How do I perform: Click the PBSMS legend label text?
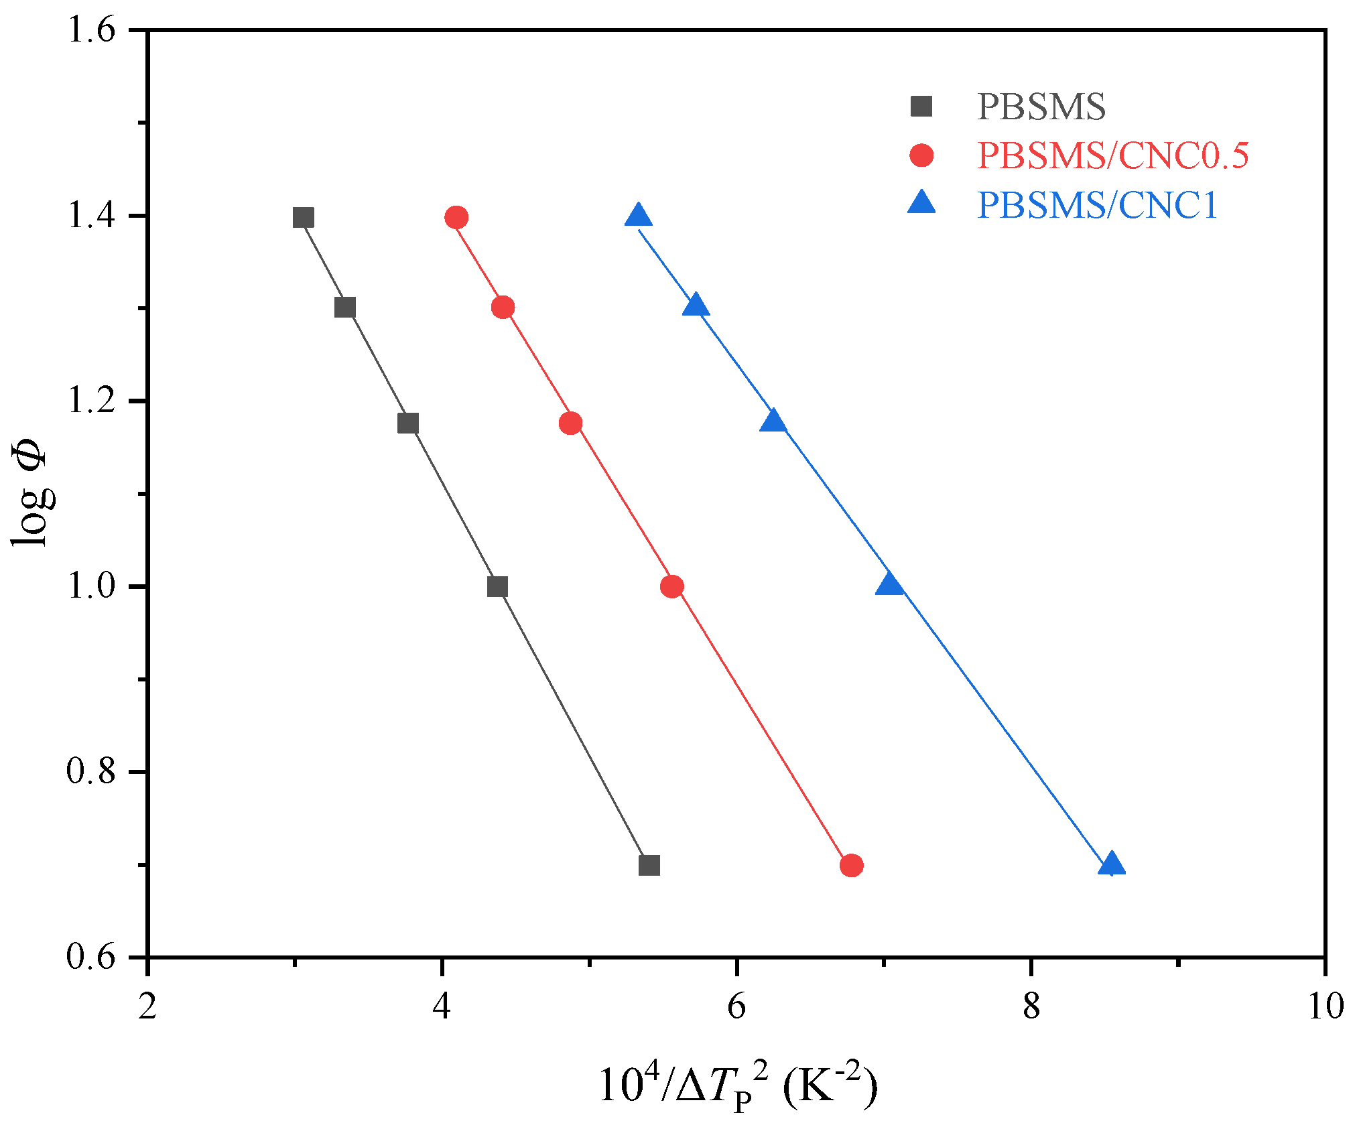[x=1041, y=107]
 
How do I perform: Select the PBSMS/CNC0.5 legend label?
[x=1112, y=155]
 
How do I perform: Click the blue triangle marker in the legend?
[x=921, y=203]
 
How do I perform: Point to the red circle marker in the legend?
[x=921, y=155]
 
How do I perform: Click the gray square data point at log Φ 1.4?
[x=304, y=218]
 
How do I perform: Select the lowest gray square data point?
[x=649, y=866]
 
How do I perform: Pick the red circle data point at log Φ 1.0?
[x=671, y=586]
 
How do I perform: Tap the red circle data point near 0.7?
[x=851, y=866]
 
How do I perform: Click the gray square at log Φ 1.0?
[x=497, y=587]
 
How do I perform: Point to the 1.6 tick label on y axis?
[x=91, y=31]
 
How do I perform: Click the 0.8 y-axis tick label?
[x=91, y=772]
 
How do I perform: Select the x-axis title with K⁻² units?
[x=737, y=1084]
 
